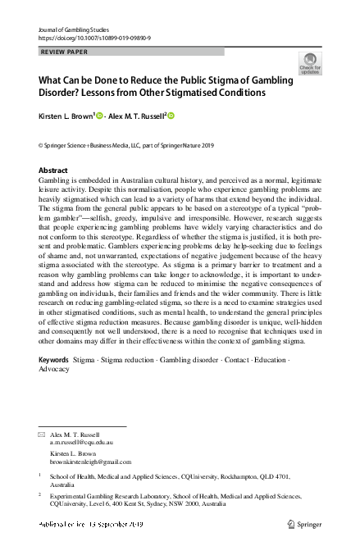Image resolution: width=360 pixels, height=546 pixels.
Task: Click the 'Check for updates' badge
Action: coord(311,63)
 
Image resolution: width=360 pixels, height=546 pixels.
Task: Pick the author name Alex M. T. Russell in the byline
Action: coord(139,117)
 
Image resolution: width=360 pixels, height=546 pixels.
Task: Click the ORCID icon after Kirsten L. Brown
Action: coord(101,117)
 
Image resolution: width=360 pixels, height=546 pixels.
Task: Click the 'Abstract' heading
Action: coord(53,171)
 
